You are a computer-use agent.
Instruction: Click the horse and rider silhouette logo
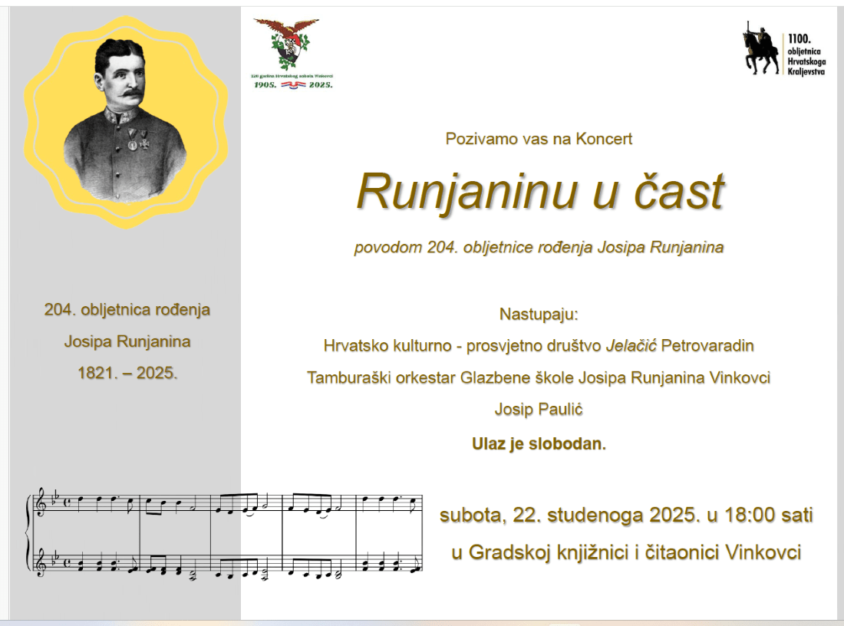click(759, 50)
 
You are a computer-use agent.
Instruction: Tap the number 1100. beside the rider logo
click(799, 38)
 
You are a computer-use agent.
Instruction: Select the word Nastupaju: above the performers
click(539, 314)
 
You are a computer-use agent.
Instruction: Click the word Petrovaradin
click(707, 346)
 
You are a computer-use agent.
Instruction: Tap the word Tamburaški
click(344, 378)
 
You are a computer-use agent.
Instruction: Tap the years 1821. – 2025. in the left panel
click(127, 374)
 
